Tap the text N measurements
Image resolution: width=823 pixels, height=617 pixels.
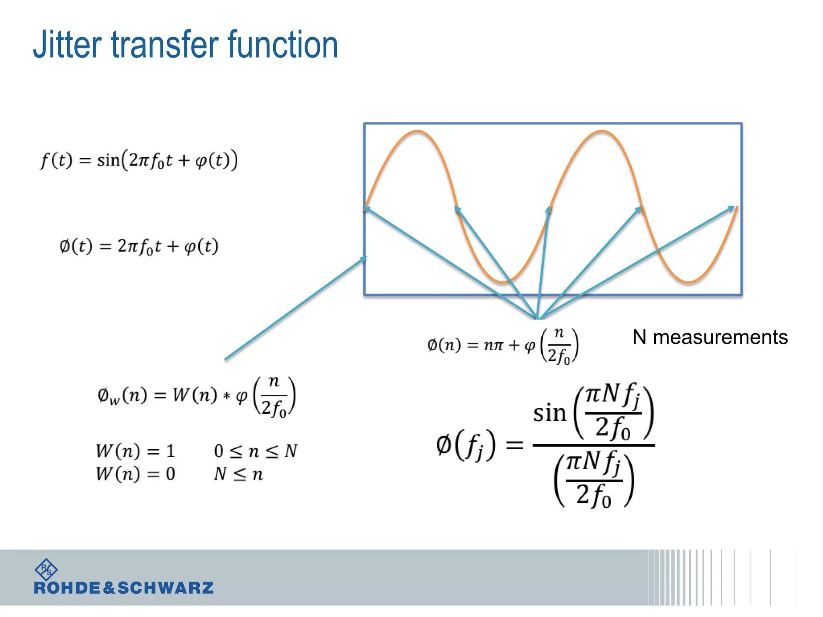(x=710, y=337)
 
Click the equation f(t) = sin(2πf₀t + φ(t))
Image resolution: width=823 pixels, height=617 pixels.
(x=139, y=160)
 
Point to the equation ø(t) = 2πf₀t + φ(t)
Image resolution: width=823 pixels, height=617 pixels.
(x=139, y=246)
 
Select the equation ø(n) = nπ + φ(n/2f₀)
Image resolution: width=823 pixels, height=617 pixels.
(x=503, y=345)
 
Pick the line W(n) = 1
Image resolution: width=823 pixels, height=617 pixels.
(x=136, y=451)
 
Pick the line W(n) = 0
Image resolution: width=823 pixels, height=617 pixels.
(x=136, y=474)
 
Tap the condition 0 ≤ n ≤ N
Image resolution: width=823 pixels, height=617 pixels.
(x=256, y=451)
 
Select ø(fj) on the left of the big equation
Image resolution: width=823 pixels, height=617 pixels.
(x=466, y=445)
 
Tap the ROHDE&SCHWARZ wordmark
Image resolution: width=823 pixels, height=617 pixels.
(x=124, y=588)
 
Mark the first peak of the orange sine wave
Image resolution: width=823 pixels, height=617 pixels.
(x=418, y=131)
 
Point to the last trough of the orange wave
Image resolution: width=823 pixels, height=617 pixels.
(x=689, y=282)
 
